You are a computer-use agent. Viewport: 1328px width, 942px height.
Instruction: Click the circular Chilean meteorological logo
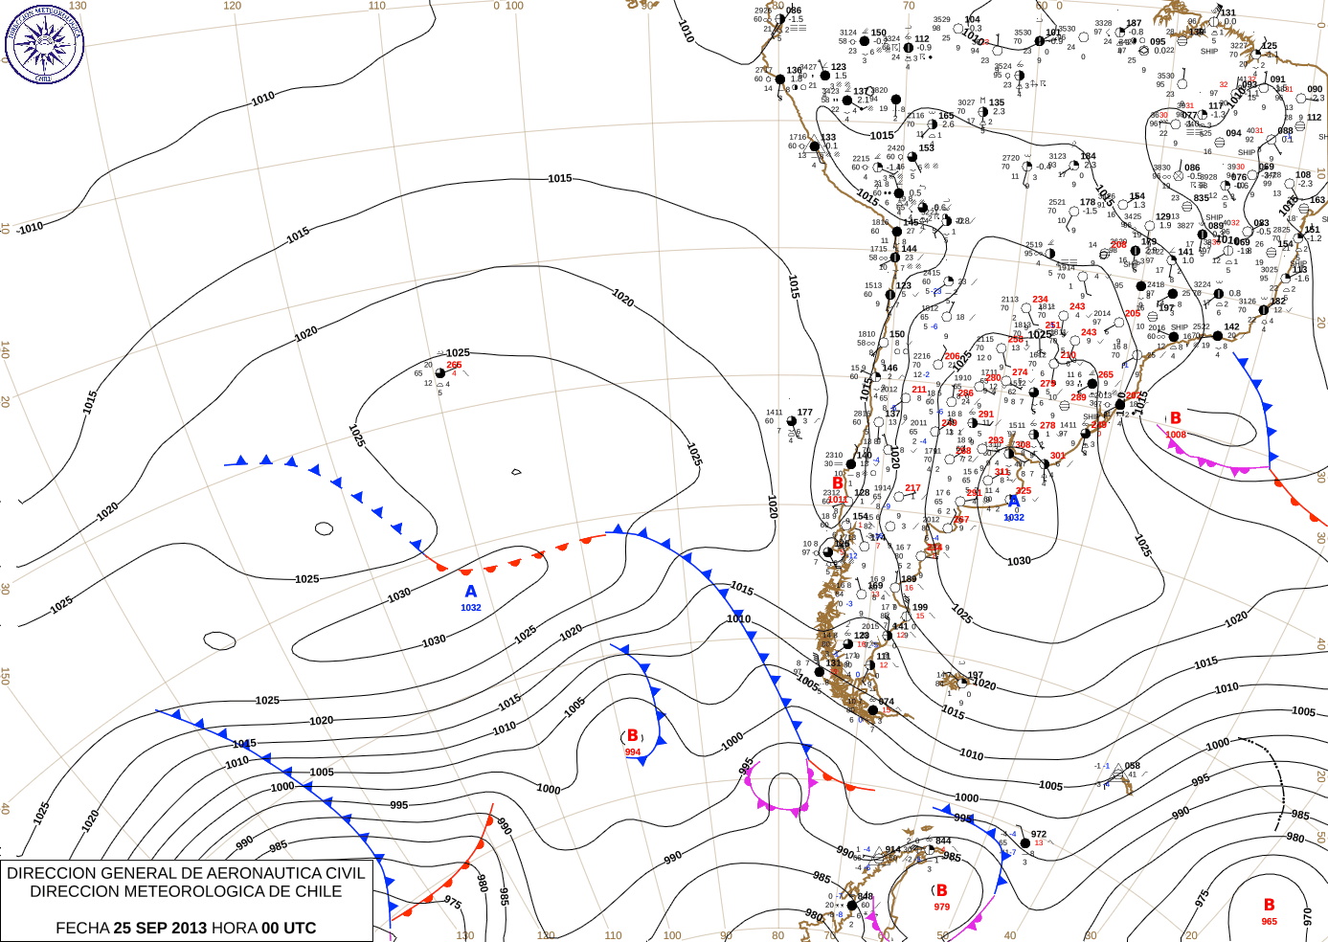pos(44,44)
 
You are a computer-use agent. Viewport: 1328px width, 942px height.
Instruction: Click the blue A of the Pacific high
pos(470,593)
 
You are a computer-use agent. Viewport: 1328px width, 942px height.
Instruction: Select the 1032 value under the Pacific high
pos(470,608)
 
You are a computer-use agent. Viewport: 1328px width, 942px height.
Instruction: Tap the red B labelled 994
pos(633,736)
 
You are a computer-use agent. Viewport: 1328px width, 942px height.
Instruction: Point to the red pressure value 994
pos(633,752)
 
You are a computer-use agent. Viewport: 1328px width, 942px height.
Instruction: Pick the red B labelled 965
pos(1269,905)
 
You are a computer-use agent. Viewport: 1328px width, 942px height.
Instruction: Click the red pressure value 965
pos(1269,922)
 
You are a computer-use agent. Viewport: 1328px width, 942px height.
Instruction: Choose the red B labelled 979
pos(941,890)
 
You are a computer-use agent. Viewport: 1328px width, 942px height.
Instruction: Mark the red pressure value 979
pos(942,908)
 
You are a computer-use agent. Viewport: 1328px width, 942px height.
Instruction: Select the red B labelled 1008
pos(1176,418)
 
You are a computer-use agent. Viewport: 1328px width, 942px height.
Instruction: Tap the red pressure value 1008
pos(1176,435)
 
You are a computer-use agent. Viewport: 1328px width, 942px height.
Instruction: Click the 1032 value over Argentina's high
pos(1014,518)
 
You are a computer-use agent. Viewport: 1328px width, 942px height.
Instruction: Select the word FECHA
pos(82,928)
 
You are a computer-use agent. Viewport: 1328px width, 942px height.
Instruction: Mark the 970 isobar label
pos(1308,916)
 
